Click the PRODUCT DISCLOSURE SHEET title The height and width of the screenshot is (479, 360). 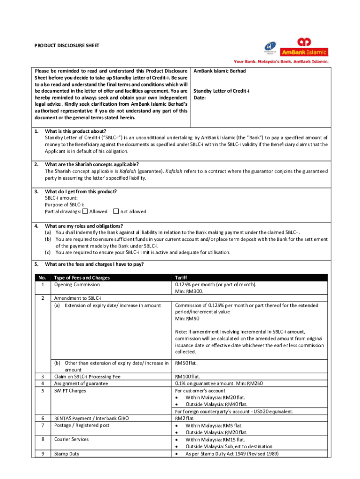point(66,46)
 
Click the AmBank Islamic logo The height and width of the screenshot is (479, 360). point(303,49)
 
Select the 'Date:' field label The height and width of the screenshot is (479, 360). point(200,98)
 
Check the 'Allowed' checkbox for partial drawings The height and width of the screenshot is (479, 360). point(85,211)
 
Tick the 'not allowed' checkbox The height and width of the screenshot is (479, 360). point(116,211)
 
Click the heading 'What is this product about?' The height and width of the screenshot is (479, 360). point(75,131)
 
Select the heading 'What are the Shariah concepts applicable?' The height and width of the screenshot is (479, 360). point(92,164)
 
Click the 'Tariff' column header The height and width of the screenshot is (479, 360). point(180,278)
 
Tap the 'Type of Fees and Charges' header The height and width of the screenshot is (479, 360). point(82,278)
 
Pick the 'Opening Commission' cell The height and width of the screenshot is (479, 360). point(77,284)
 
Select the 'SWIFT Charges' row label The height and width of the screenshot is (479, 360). point(70,391)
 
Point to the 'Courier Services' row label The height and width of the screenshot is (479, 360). point(71,439)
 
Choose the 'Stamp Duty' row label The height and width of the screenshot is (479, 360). point(67,454)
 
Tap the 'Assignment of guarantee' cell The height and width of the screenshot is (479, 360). point(81,384)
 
